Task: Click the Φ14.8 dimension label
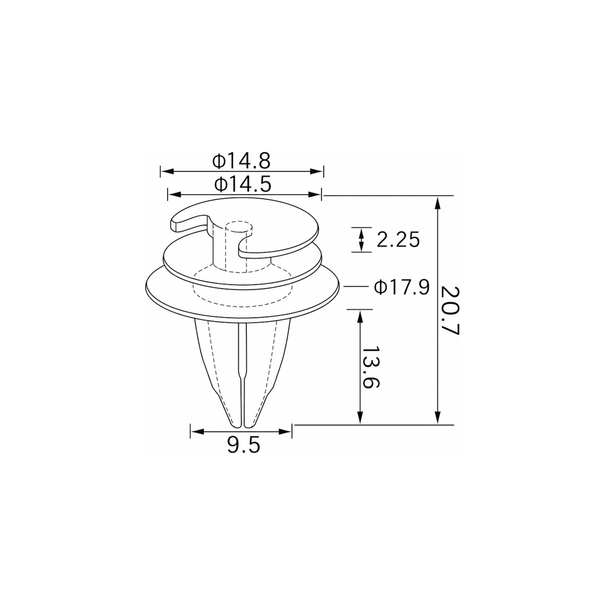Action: click(x=241, y=161)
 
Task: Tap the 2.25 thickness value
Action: click(x=398, y=240)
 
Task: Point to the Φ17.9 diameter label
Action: click(x=401, y=287)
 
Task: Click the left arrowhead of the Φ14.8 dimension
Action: click(x=167, y=171)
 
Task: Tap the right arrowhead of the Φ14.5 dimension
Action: click(x=315, y=195)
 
